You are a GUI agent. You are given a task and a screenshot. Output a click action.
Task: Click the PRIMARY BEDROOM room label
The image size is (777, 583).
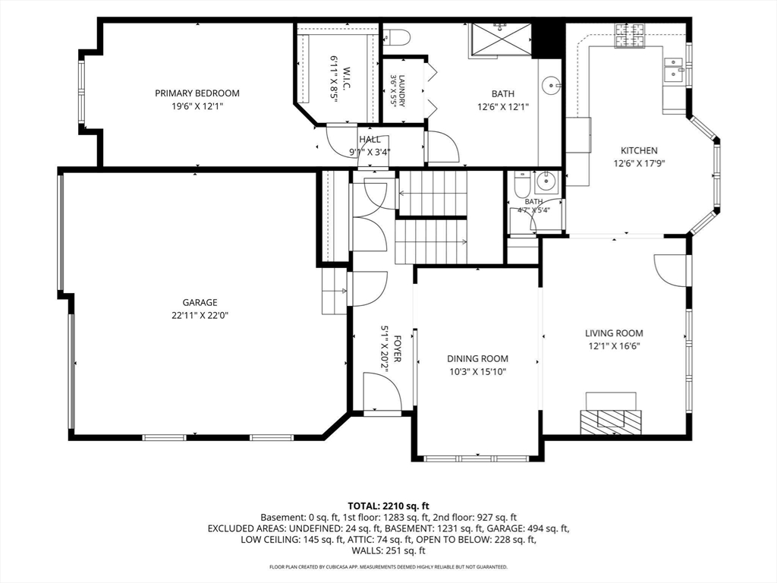click(197, 93)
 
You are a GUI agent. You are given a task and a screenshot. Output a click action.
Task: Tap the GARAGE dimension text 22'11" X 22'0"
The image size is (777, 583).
click(200, 315)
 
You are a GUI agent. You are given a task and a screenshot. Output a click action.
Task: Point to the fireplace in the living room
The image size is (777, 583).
click(611, 414)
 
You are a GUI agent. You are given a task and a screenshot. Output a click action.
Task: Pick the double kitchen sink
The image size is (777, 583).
click(674, 69)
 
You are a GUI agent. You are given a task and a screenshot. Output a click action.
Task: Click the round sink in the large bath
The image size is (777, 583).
click(551, 86)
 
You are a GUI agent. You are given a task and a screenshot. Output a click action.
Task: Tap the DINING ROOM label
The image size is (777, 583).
click(478, 359)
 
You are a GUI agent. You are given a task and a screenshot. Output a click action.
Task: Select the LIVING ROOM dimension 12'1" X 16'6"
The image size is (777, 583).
click(614, 346)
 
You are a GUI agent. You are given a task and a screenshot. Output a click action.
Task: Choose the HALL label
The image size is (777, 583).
click(370, 140)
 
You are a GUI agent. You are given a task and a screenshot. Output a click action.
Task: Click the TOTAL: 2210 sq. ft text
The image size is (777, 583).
click(388, 506)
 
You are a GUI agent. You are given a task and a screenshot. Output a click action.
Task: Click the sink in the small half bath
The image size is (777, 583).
click(546, 182)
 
